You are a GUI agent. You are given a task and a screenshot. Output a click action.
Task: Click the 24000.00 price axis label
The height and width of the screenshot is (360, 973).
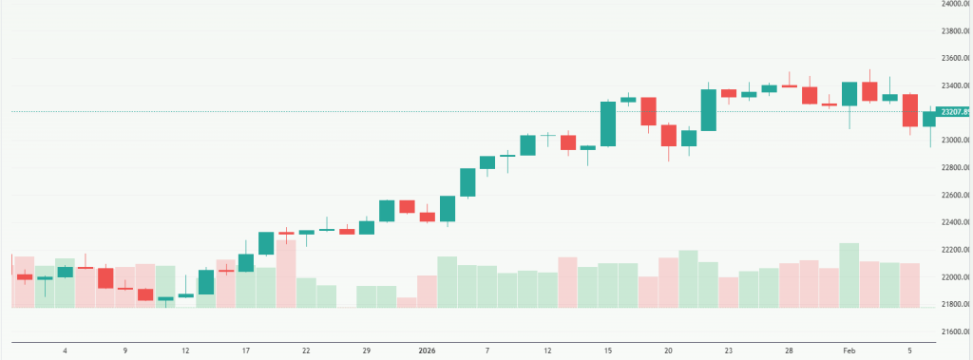click(953, 4)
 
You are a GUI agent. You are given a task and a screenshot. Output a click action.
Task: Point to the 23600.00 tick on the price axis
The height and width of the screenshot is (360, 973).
click(953, 58)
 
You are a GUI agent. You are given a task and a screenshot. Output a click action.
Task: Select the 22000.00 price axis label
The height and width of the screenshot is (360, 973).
click(953, 277)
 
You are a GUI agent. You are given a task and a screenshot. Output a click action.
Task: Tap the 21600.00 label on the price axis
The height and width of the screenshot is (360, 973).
click(953, 332)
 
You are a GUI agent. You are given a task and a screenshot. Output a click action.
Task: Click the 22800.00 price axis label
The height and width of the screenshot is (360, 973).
click(953, 168)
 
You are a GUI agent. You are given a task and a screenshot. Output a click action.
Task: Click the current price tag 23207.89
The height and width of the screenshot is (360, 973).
click(954, 112)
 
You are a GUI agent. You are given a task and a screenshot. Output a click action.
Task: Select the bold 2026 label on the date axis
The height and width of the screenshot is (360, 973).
click(427, 351)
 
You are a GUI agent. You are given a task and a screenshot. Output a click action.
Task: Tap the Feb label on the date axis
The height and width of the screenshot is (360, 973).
click(849, 351)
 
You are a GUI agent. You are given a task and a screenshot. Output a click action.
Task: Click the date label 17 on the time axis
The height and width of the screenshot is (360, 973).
click(246, 351)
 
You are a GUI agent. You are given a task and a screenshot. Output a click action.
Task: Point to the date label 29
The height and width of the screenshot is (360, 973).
click(366, 351)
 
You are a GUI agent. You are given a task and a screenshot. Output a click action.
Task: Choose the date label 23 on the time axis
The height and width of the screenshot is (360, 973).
click(729, 351)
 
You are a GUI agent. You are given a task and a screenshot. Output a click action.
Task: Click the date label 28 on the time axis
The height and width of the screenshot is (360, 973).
click(789, 351)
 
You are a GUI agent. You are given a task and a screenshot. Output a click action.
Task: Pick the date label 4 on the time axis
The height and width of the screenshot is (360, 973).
click(65, 351)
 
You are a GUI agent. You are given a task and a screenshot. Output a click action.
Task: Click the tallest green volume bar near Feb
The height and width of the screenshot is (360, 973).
click(849, 275)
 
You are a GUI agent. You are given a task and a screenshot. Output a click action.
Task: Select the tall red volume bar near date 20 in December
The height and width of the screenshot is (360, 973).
click(286, 274)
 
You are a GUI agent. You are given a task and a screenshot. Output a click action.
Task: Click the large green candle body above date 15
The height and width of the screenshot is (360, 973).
click(608, 123)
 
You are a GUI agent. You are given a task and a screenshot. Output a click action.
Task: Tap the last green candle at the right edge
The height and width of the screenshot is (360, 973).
click(930, 119)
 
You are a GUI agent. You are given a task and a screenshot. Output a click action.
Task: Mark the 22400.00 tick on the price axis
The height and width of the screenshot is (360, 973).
click(953, 222)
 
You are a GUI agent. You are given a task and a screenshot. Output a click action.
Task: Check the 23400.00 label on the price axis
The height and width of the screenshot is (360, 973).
click(953, 85)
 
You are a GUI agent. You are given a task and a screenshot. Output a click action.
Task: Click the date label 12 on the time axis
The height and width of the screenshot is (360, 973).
click(185, 351)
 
